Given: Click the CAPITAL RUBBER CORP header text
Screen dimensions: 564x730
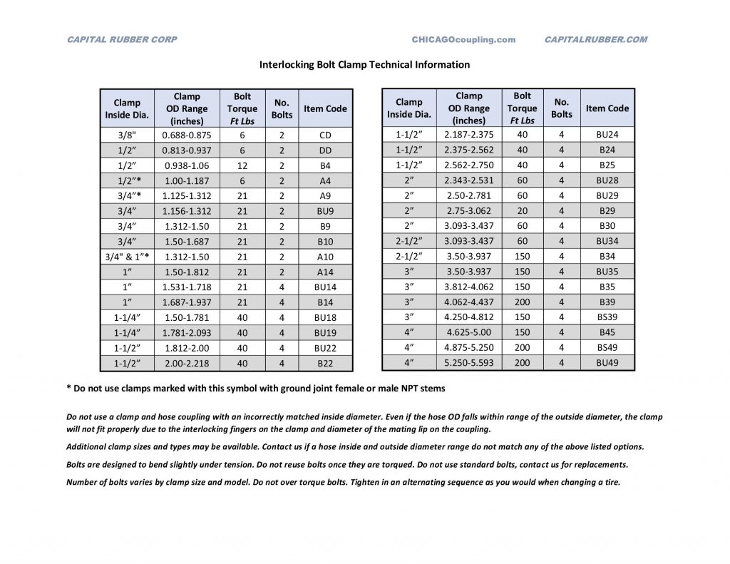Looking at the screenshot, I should coord(122,40).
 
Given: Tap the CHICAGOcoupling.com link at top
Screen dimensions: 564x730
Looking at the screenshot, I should coord(463,40).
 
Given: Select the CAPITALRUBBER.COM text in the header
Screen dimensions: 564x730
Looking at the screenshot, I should coord(595,40).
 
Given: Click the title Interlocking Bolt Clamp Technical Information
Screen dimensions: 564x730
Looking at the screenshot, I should coord(364,64).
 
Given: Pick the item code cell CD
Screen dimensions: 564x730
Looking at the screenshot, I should coord(325,135).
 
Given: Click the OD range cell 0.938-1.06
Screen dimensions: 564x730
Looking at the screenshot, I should coord(187,165).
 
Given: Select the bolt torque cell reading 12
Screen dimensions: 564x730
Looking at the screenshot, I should coord(242,165).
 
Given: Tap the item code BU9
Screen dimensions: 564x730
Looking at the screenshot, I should coord(325,211).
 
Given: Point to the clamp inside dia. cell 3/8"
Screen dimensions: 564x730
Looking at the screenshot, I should coord(128,135).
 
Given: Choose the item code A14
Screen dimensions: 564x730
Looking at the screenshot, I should coord(325,272).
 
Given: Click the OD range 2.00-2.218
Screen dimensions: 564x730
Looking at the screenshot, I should coord(187,364).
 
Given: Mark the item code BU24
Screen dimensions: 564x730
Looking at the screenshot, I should coord(607,134).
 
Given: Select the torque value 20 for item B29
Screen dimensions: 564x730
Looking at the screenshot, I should coord(523,210).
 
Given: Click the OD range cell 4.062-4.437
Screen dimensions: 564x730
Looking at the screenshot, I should coord(468,302).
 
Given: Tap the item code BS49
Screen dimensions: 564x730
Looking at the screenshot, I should coord(607,347).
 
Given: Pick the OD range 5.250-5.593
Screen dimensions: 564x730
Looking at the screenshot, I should coord(468,363).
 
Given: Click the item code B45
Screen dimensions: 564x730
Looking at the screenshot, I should coord(607,332).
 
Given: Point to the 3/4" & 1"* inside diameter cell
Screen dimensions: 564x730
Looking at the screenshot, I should coord(128,257).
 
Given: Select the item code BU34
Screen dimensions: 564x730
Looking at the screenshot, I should coord(607,241).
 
